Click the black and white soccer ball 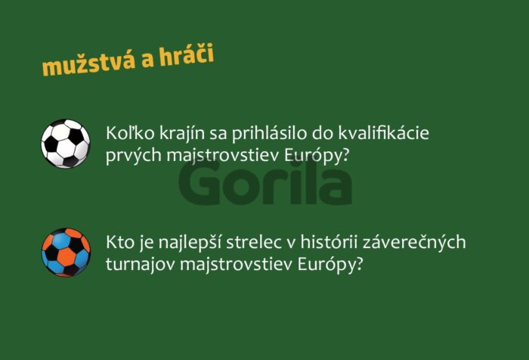pyautogui.click(x=66, y=144)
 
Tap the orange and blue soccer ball pyautogui.click(x=66, y=253)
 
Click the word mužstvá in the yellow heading pyautogui.click(x=88, y=63)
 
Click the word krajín pyautogui.click(x=181, y=134)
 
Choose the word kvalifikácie pyautogui.click(x=384, y=132)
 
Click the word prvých pyautogui.click(x=134, y=156)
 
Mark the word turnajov pyautogui.click(x=141, y=265)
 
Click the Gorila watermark pyautogui.click(x=265, y=183)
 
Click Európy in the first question pyautogui.click(x=316, y=156)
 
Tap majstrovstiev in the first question pyautogui.click(x=223, y=156)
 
